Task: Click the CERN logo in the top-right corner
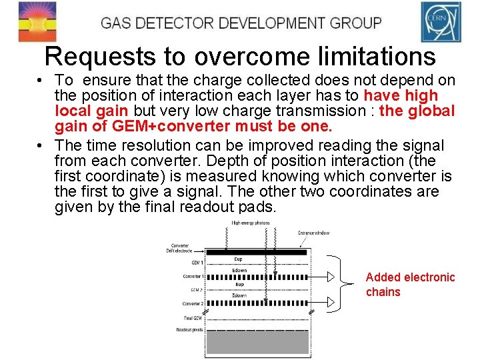(x=441, y=22)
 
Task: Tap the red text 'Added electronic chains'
(x=410, y=285)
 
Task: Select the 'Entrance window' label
(x=313, y=233)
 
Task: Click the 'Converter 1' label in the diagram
(x=194, y=276)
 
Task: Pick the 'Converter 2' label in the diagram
(x=194, y=304)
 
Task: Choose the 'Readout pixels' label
(x=191, y=330)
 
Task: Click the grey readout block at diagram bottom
(x=258, y=342)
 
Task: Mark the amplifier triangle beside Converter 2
(x=331, y=303)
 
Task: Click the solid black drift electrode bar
(x=258, y=252)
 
